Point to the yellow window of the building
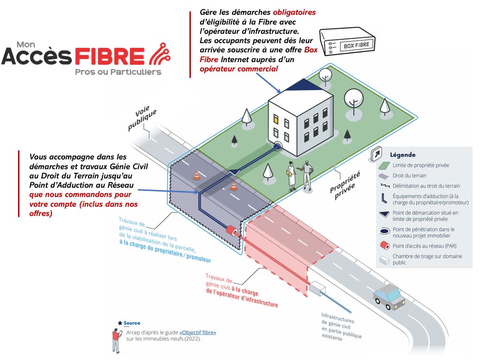pos(276,118)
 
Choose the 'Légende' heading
pos(403,155)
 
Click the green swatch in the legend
pos(383,165)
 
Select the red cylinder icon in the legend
pos(383,245)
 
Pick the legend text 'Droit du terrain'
pos(409,176)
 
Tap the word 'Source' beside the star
pos(132,323)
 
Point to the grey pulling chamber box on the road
pos(318,288)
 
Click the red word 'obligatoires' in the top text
pos(294,12)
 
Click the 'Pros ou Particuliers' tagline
pos(118,72)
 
